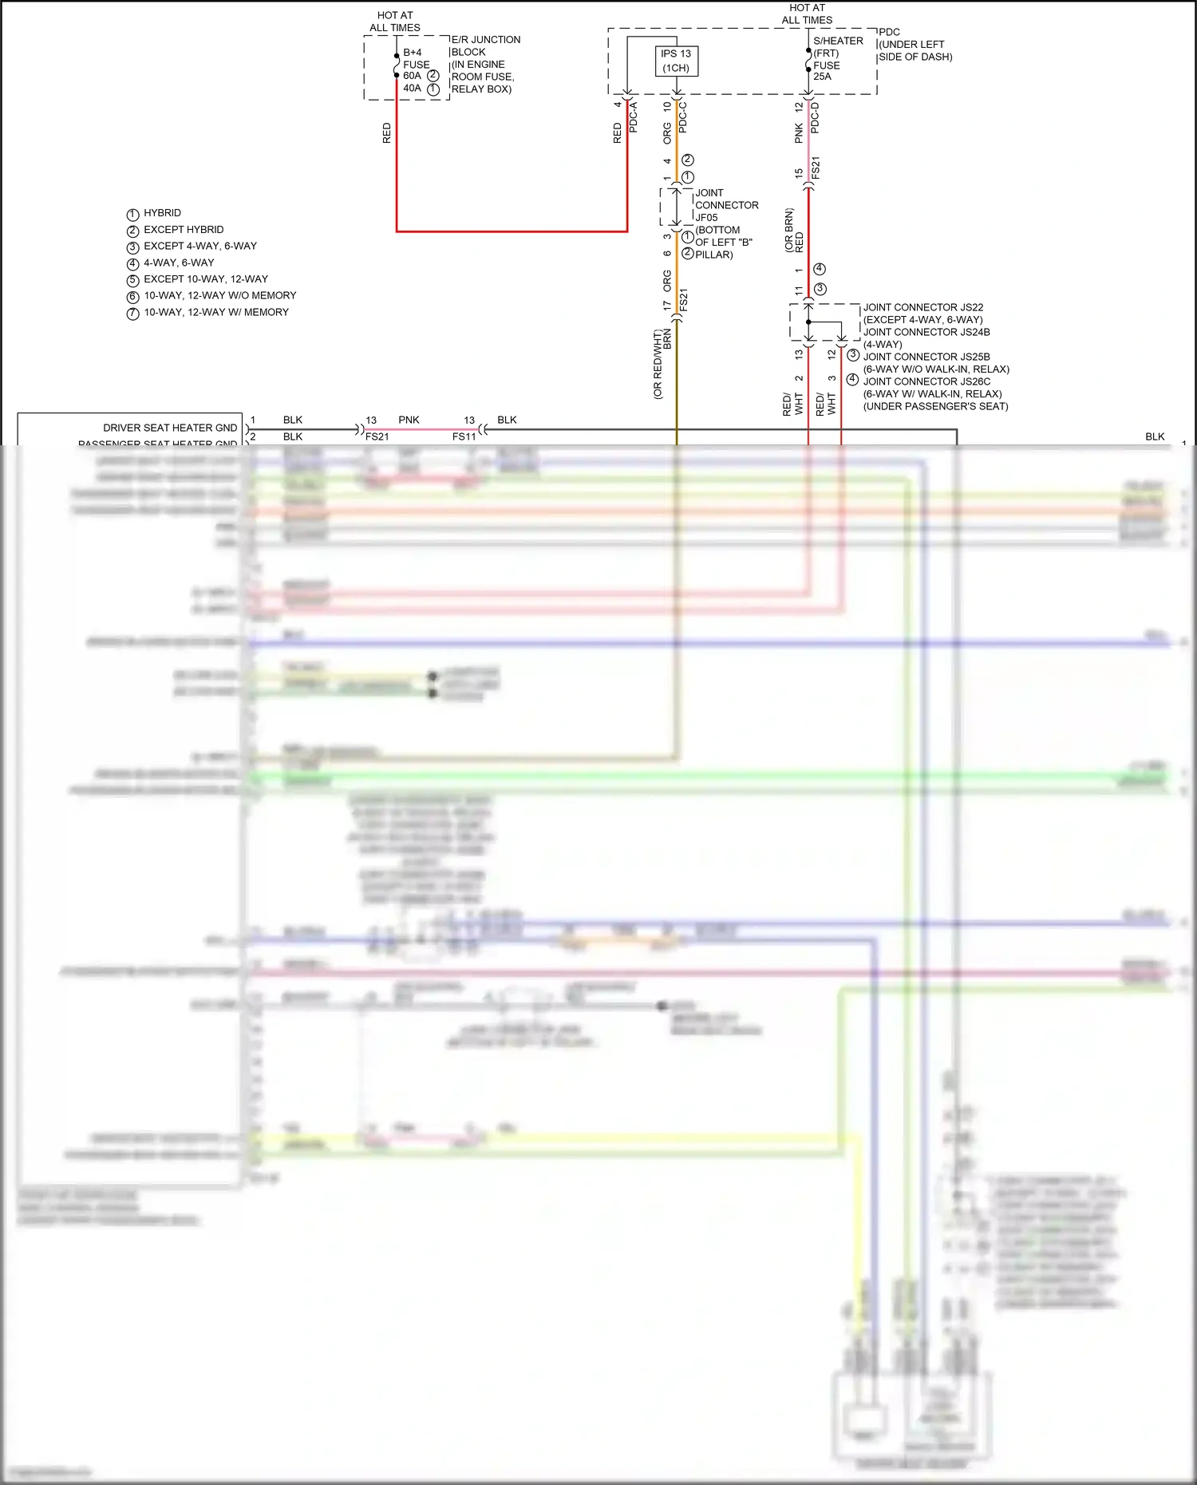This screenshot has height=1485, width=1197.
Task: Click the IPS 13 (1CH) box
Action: click(x=676, y=61)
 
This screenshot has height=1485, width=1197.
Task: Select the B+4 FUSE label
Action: click(x=416, y=58)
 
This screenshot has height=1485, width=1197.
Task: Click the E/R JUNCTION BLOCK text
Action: click(x=485, y=45)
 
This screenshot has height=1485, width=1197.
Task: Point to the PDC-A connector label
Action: click(x=634, y=117)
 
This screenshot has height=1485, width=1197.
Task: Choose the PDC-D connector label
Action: click(x=815, y=117)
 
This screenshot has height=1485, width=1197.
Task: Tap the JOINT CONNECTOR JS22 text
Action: click(x=922, y=307)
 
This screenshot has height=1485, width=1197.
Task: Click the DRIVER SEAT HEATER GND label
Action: click(x=170, y=428)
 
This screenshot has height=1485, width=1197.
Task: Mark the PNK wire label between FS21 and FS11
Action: click(x=409, y=420)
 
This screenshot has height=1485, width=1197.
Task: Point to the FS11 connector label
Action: click(x=464, y=436)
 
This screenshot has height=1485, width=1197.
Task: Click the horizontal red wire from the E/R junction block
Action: click(x=511, y=231)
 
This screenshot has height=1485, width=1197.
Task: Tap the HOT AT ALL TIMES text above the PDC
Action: click(x=807, y=14)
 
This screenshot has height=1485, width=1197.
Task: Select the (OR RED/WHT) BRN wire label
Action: click(x=662, y=363)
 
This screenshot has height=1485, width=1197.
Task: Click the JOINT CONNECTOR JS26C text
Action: click(x=926, y=381)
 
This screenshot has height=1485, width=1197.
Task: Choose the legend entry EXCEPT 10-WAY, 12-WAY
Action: click(x=205, y=279)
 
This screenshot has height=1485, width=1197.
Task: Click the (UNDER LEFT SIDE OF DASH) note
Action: click(x=915, y=51)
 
